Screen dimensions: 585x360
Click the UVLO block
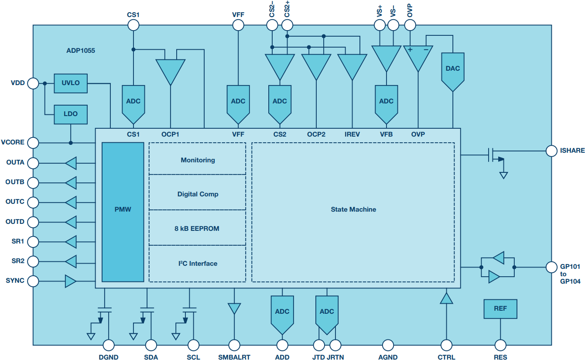[x=71, y=83]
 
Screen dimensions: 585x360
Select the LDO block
[x=71, y=114]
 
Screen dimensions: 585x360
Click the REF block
[x=500, y=309]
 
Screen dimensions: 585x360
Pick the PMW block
[x=123, y=212]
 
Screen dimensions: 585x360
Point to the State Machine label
[x=353, y=209]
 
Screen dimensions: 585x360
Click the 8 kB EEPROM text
[x=197, y=229]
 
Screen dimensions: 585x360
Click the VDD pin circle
[x=33, y=83]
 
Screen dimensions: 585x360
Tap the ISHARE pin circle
[x=551, y=151]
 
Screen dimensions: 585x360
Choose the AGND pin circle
[x=388, y=345]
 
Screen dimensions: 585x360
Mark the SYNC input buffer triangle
[x=71, y=281]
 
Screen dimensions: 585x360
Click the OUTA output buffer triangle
[x=71, y=163]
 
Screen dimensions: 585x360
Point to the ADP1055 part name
[x=81, y=51]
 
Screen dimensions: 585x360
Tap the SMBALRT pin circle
[x=234, y=345]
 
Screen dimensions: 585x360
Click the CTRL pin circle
[x=446, y=345]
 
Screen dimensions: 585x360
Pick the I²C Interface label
[x=198, y=263]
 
